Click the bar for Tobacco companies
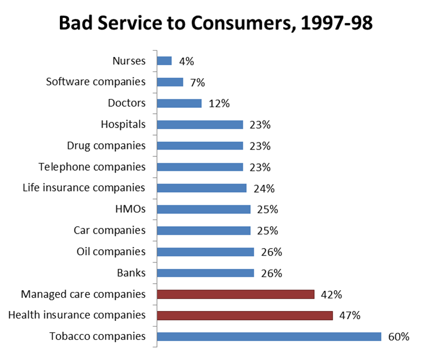click(x=269, y=336)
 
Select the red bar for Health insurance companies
click(x=245, y=316)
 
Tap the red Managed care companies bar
click(x=235, y=294)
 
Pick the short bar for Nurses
click(x=164, y=61)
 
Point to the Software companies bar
click(x=170, y=82)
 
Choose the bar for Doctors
click(x=179, y=103)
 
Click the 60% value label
click(x=399, y=336)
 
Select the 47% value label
click(x=350, y=316)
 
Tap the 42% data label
click(x=331, y=294)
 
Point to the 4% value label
click(x=186, y=61)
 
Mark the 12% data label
click(x=219, y=104)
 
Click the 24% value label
click(x=264, y=189)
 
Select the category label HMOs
click(x=130, y=209)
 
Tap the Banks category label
click(x=131, y=273)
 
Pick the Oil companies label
click(x=111, y=252)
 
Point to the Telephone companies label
click(x=92, y=167)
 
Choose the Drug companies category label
click(x=106, y=145)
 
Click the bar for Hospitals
click(x=200, y=125)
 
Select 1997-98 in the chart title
click(x=337, y=23)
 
